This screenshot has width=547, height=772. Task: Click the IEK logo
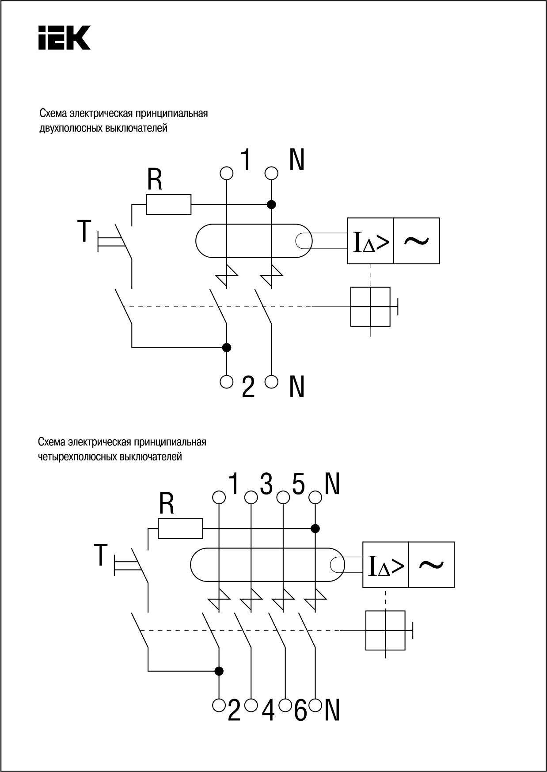(64, 38)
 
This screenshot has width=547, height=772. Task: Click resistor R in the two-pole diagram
(169, 204)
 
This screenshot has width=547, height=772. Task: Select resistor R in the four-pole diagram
(180, 528)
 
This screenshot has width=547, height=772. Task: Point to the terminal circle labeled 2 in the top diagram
(226, 381)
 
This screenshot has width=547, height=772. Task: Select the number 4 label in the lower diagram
(268, 711)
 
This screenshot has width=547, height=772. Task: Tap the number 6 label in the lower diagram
(300, 711)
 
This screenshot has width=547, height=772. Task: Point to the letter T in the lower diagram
(101, 555)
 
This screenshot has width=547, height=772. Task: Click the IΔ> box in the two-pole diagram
(371, 241)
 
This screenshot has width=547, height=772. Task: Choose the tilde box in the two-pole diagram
(417, 241)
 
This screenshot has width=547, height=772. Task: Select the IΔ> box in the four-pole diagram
(386, 565)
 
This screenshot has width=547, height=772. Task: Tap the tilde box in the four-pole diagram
(432, 565)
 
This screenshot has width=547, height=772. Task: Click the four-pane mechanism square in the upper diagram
(370, 307)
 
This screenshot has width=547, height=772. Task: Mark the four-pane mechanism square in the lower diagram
(386, 631)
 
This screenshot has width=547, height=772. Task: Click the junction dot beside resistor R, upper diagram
(271, 204)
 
